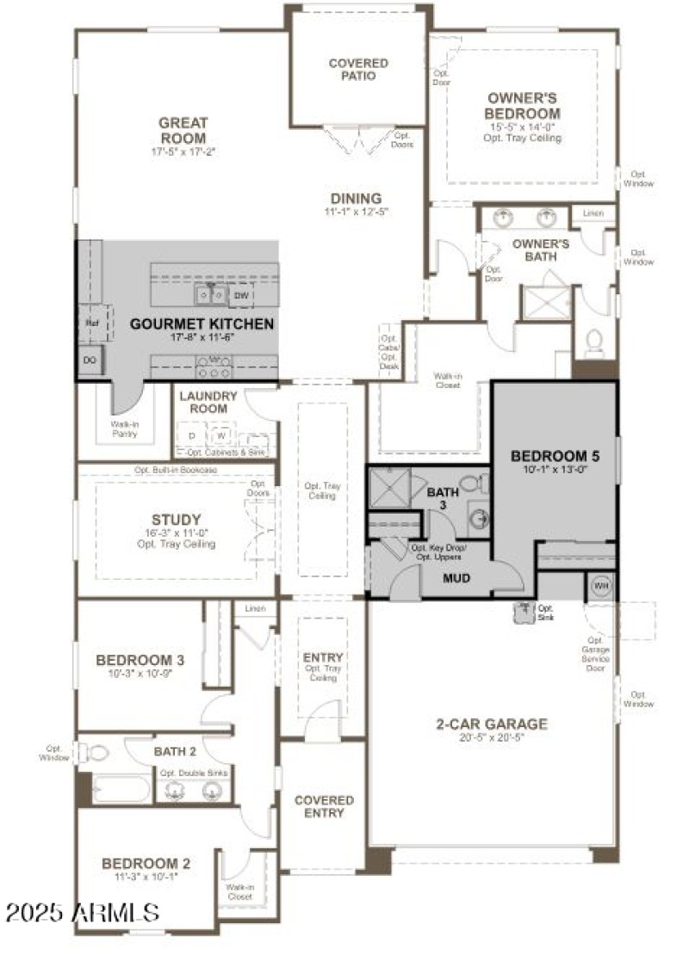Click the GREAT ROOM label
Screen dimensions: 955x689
click(x=183, y=131)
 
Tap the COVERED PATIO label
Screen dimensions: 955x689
click(x=358, y=70)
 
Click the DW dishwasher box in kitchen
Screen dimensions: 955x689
click(x=241, y=295)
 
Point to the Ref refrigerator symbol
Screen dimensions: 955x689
click(x=91, y=321)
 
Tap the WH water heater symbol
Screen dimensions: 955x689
click(x=601, y=586)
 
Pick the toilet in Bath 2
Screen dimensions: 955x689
click(x=99, y=754)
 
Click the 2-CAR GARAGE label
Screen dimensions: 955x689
click(x=491, y=724)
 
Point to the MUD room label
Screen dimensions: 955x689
click(x=456, y=578)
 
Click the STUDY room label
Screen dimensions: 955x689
click(x=176, y=520)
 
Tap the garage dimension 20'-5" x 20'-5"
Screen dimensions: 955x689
click(x=491, y=738)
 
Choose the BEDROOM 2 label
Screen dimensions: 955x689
click(x=146, y=864)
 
